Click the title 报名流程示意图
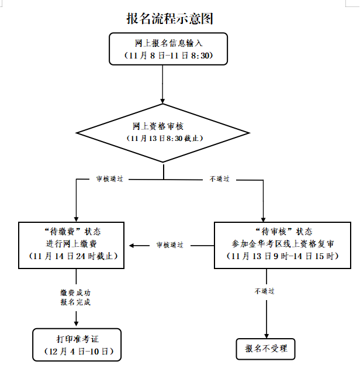pyautogui.click(x=169, y=18)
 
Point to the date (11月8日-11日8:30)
pyautogui.click(x=168, y=55)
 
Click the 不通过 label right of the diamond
pyautogui.click(x=221, y=178)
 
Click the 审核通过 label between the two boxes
pyautogui.click(x=169, y=245)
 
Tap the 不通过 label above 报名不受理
pyautogui.click(x=266, y=291)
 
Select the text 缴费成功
pyautogui.click(x=76, y=292)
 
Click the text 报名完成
pyautogui.click(x=76, y=302)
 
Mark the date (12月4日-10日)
pyautogui.click(x=77, y=352)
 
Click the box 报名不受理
pyautogui.click(x=266, y=349)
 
